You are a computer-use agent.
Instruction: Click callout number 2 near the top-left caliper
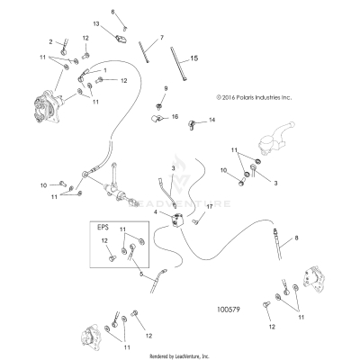51,41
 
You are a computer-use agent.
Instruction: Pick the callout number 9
166,87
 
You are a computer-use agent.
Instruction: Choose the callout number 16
175,117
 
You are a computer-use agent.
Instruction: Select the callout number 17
208,207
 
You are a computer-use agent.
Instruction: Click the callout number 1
104,69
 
